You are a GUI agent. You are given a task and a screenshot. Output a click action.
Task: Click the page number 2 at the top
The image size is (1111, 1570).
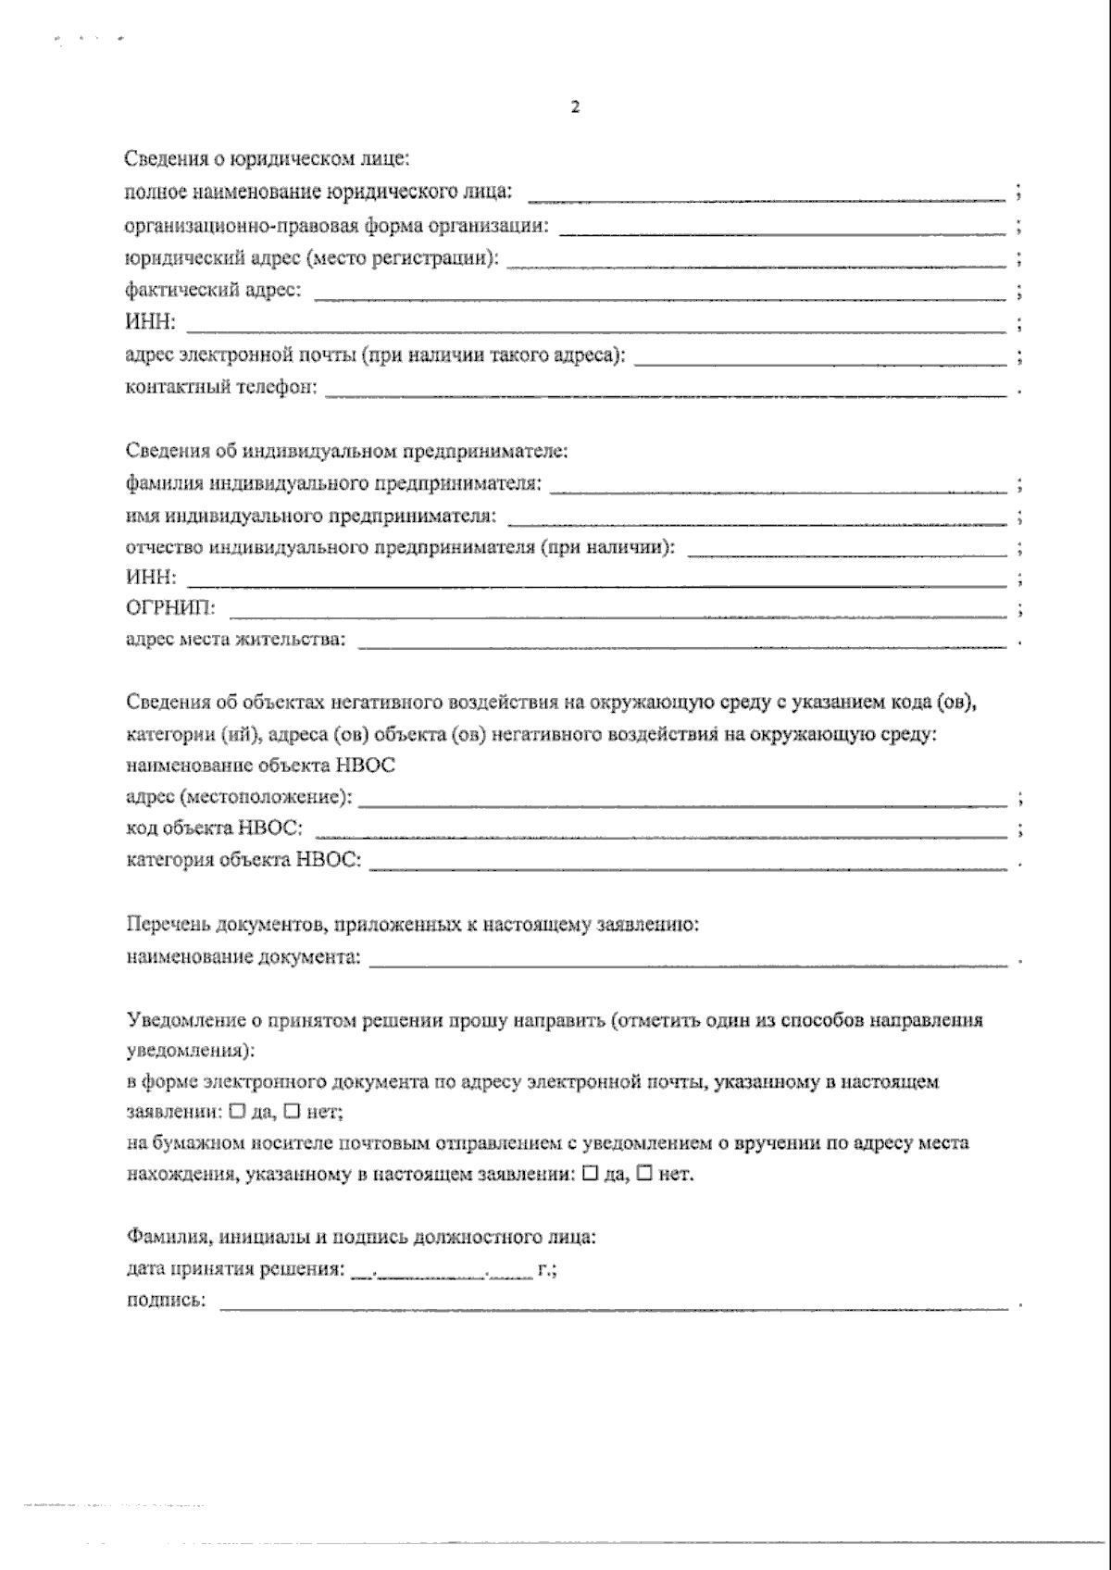[x=575, y=108]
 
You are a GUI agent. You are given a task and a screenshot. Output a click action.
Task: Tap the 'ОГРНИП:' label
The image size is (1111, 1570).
[x=171, y=610]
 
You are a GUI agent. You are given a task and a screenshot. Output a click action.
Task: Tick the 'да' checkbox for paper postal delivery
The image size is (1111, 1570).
[x=590, y=1173]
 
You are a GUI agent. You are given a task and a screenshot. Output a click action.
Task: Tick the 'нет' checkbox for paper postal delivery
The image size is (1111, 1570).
[x=645, y=1173]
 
